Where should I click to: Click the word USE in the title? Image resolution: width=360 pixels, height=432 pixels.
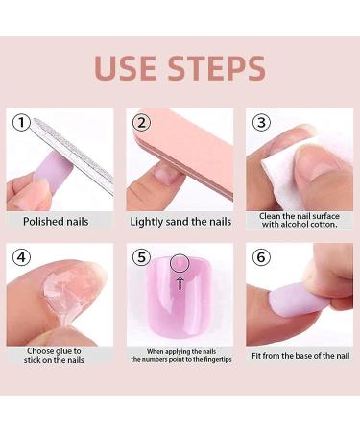(x=128, y=68)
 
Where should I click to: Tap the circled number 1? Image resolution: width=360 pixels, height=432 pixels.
(x=21, y=123)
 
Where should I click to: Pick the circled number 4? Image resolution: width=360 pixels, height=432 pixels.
(x=21, y=258)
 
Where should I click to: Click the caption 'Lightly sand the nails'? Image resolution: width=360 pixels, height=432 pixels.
(x=179, y=221)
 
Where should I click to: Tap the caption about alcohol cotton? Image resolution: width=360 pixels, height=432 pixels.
(x=297, y=221)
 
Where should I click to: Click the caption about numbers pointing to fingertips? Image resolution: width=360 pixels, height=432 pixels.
(x=179, y=355)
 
